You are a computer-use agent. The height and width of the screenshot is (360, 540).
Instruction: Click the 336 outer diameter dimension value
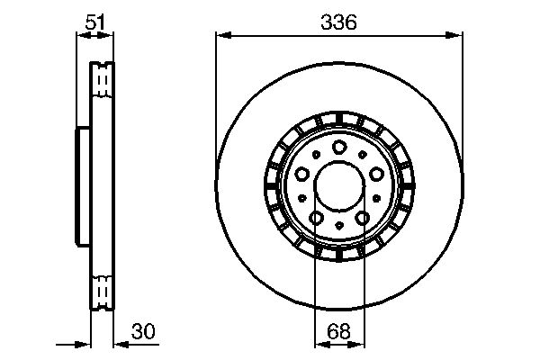tap(339, 24)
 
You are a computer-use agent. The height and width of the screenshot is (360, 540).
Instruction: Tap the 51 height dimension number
tap(93, 22)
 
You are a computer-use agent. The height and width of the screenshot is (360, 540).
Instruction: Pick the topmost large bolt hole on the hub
tap(339, 148)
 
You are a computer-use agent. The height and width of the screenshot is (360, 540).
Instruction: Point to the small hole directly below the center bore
tap(339, 225)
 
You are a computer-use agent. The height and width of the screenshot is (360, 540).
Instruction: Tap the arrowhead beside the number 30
tap(120, 343)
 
